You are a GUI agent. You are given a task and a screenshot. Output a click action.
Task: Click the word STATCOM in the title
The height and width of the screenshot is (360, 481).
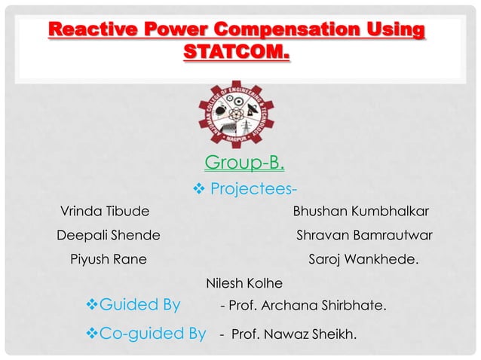[235, 55]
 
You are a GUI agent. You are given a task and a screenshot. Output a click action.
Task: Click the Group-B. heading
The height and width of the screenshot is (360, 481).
[244, 163]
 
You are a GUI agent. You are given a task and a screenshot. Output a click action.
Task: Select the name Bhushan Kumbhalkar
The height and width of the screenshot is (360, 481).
[361, 211]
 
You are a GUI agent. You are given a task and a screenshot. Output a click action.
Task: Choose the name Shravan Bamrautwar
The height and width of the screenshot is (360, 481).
[364, 235]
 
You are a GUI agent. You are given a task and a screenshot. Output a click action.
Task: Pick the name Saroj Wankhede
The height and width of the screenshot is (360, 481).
[365, 260]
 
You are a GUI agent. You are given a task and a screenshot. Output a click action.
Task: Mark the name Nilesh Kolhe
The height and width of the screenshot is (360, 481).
[244, 284]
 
